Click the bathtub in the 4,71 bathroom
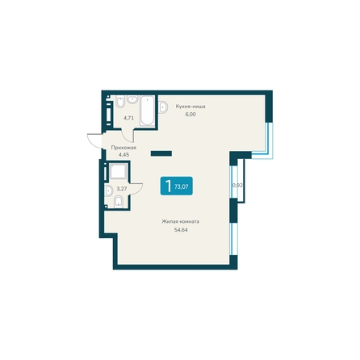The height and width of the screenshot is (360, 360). pyautogui.click(x=147, y=111)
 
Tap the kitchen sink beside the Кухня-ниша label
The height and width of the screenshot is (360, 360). pyautogui.click(x=163, y=107)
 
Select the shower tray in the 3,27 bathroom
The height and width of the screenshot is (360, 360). pyautogui.click(x=118, y=171)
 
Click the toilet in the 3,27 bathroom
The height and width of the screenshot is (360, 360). pyautogui.click(x=119, y=202)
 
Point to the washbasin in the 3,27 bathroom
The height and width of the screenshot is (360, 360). pyautogui.click(x=108, y=190)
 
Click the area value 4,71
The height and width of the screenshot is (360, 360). pyautogui.click(x=128, y=118)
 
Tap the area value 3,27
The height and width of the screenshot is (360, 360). pyautogui.click(x=122, y=189)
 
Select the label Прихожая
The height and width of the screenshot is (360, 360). pyautogui.click(x=123, y=148)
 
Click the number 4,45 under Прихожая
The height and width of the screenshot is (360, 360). pyautogui.click(x=123, y=155)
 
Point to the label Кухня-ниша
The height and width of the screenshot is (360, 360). pyautogui.click(x=190, y=107)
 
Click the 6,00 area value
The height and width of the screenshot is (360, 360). pyautogui.click(x=190, y=115)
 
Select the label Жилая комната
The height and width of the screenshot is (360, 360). pyautogui.click(x=181, y=222)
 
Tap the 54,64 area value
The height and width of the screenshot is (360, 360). pyautogui.click(x=181, y=230)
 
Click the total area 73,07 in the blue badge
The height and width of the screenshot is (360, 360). pyautogui.click(x=182, y=186)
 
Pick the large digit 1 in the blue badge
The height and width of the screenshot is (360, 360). pyautogui.click(x=169, y=186)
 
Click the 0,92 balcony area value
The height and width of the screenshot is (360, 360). pyautogui.click(x=237, y=185)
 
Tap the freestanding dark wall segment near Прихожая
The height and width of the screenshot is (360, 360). pyautogui.click(x=161, y=153)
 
